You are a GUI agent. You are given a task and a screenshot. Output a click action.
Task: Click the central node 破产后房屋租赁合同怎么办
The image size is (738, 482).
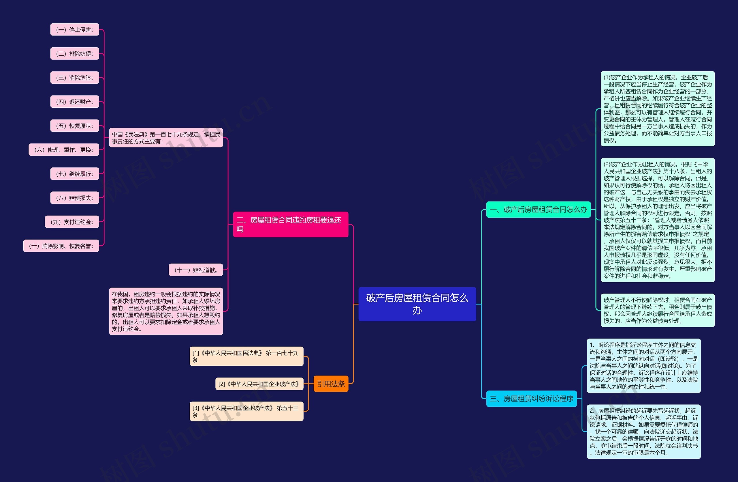pyautogui.click(x=417, y=304)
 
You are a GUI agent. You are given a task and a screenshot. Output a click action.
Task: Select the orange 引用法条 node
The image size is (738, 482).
pyautogui.click(x=331, y=384)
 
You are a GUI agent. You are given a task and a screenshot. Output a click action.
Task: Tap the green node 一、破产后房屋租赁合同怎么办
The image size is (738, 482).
pyautogui.click(x=538, y=210)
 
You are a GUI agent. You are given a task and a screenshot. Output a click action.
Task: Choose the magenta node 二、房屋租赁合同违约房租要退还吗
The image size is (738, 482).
pyautogui.click(x=291, y=224)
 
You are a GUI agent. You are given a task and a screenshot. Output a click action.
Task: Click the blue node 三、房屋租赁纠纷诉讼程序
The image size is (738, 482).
pyautogui.click(x=532, y=399)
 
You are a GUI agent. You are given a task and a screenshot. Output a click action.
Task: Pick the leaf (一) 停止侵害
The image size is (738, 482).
pyautogui.click(x=75, y=30)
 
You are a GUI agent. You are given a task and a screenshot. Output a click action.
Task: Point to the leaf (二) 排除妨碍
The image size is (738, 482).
pyautogui.click(x=75, y=54)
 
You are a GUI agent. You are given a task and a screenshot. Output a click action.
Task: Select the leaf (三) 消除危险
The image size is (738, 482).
pyautogui.click(x=75, y=78)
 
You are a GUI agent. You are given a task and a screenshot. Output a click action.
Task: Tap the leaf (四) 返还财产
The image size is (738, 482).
pyautogui.click(x=75, y=102)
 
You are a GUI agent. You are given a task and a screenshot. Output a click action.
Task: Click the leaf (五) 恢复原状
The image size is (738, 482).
pyautogui.click(x=75, y=126)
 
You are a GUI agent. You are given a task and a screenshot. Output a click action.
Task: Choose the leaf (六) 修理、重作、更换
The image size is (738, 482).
pyautogui.click(x=64, y=150)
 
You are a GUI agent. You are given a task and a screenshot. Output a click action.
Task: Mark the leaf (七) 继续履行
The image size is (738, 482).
pyautogui.click(x=75, y=174)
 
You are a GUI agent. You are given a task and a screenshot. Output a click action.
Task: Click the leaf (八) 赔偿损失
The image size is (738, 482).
pyautogui.click(x=75, y=198)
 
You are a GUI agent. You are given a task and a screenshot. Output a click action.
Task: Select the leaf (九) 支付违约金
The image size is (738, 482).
pyautogui.click(x=72, y=222)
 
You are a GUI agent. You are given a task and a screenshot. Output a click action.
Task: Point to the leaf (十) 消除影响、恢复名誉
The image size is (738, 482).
pyautogui.click(x=61, y=246)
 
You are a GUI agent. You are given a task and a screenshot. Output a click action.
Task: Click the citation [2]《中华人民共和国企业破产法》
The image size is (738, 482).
pyautogui.click(x=259, y=384)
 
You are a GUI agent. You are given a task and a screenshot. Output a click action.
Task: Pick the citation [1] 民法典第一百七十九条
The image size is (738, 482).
pyautogui.click(x=246, y=356)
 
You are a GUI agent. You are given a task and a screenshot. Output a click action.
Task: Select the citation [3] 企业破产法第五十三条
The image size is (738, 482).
pyautogui.click(x=246, y=411)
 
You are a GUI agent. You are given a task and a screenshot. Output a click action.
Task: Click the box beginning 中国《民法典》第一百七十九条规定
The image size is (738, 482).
pyautogui.click(x=166, y=138)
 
